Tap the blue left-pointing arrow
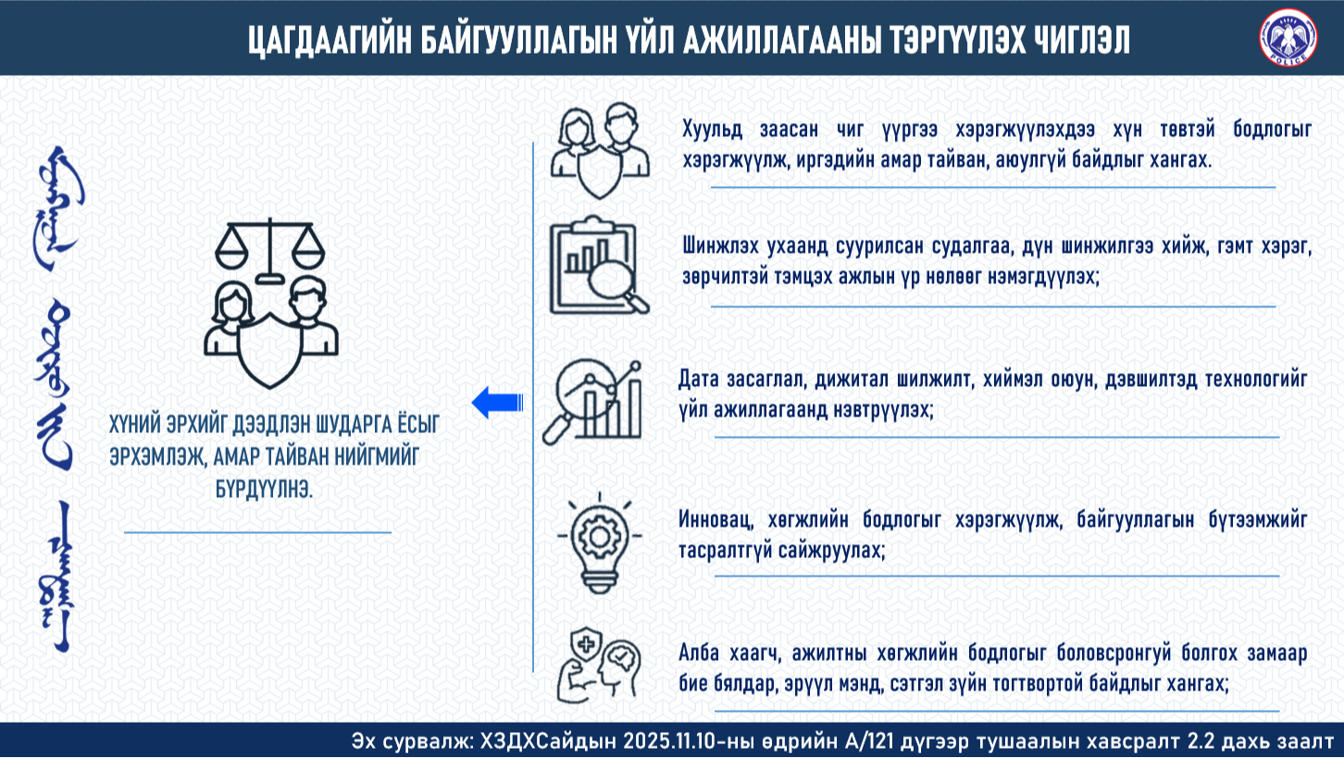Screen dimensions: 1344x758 [x=497, y=402]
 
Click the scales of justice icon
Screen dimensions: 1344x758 [x=270, y=250]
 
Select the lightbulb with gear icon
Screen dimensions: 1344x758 [x=599, y=542]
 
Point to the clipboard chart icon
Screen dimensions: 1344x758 [x=600, y=265]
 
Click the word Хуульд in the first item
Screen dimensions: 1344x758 [x=712, y=130]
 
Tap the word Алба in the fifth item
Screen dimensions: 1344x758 [x=699, y=652]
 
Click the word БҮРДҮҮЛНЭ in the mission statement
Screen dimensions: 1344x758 [x=264, y=490]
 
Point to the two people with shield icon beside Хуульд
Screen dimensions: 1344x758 [x=600, y=151]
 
